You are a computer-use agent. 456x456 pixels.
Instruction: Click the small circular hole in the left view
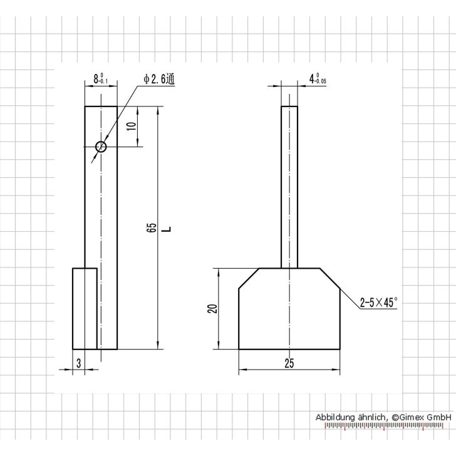tap(101, 147)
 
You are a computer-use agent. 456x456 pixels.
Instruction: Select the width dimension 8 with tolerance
tap(100, 79)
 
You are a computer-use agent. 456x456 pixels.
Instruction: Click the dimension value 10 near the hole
tap(131, 127)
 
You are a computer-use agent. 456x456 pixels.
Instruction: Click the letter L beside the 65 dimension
tap(166, 228)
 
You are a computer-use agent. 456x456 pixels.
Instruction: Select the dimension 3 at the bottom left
tap(78, 363)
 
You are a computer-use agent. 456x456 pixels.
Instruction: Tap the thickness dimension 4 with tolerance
tap(318, 79)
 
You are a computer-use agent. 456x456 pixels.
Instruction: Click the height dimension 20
tap(212, 309)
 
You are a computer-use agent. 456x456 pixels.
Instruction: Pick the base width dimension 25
tap(289, 363)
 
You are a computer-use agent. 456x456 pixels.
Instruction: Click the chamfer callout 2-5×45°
tap(378, 302)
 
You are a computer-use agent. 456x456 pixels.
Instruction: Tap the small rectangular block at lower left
tap(85, 308)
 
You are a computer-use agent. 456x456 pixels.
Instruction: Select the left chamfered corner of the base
tap(249, 278)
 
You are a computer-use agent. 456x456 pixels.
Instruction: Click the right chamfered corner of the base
tap(330, 278)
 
